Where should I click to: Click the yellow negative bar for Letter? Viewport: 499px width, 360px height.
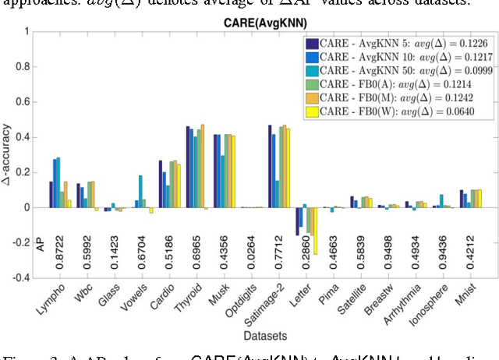tap(314, 231)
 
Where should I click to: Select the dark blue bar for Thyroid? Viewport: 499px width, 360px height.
tap(189, 167)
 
